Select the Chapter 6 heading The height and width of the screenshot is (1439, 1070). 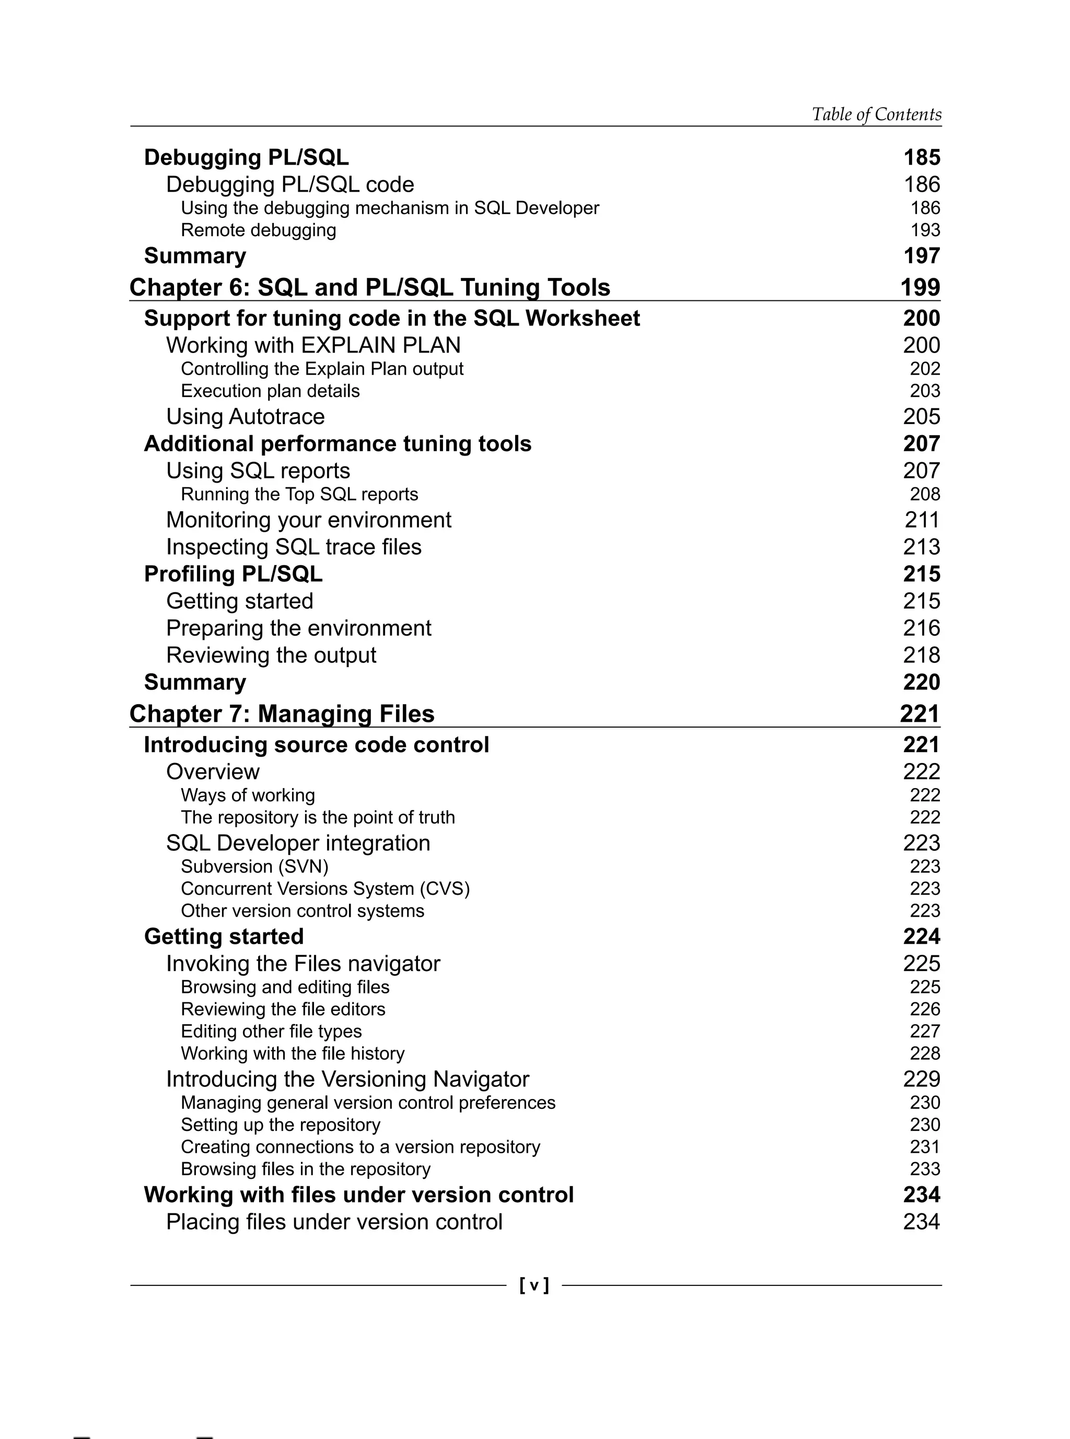coord(370,288)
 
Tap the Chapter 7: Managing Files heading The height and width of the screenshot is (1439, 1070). coord(282,713)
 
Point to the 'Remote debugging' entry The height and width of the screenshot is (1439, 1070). coord(259,230)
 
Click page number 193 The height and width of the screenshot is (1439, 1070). coord(925,230)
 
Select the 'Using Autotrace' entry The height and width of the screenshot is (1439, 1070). coord(246,416)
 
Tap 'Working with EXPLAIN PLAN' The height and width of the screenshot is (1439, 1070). coord(313,345)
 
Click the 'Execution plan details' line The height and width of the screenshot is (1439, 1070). coord(270,391)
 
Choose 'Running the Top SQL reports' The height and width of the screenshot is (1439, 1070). coord(299,494)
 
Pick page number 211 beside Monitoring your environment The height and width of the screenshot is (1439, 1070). coord(922,520)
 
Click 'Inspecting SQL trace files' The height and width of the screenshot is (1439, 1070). coord(294,547)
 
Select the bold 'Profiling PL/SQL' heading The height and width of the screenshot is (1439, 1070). coord(233,575)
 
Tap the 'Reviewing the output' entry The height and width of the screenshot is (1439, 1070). coord(271,656)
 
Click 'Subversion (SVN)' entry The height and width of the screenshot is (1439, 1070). coord(254,867)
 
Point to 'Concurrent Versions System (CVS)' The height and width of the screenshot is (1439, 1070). coord(325,888)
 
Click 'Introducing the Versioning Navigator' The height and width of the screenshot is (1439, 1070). coord(347,1079)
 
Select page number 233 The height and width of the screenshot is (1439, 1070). coord(925,1169)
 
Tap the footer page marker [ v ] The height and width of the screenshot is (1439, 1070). coord(534,1285)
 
